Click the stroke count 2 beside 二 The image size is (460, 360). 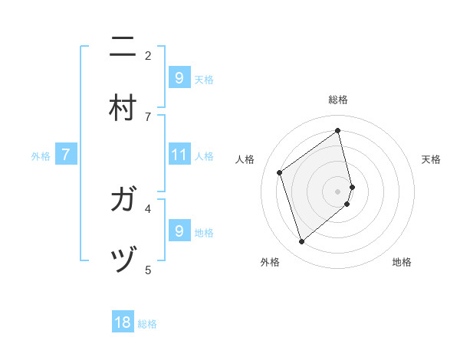(x=148, y=55)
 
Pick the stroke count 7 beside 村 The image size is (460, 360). (x=148, y=116)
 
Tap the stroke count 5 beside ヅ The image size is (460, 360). (x=148, y=270)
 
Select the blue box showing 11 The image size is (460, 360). (x=179, y=155)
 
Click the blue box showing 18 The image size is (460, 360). (x=123, y=322)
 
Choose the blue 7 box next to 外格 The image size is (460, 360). (x=66, y=155)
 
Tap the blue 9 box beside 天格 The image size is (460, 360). (x=179, y=78)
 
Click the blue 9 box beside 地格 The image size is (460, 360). (x=179, y=231)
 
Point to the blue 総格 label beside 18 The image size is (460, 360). (x=147, y=324)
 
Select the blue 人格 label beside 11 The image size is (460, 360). (x=204, y=156)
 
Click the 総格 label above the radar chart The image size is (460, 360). (x=338, y=100)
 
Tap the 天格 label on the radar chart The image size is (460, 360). (x=431, y=159)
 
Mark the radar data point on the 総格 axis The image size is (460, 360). (x=338, y=130)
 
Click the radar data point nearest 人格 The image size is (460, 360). (x=280, y=172)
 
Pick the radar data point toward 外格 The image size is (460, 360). (x=301, y=242)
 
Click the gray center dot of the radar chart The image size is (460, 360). (x=338, y=191)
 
